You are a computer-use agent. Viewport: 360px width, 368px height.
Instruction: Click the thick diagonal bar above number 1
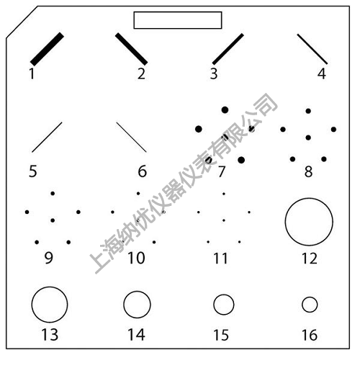tap(47, 49)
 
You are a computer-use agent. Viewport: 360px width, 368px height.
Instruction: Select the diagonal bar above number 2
tap(131, 49)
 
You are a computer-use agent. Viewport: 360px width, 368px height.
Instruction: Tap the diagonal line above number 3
tap(228, 49)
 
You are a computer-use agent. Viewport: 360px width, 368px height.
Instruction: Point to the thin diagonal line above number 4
tap(312, 49)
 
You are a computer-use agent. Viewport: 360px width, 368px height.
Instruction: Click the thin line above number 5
tap(47, 137)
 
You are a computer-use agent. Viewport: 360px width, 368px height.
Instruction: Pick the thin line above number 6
tap(131, 137)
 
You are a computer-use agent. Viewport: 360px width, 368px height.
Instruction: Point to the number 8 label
tap(308, 171)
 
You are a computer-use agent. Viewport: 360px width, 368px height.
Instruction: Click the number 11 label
tap(220, 259)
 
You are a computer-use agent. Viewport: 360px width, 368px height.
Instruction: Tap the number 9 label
tap(48, 258)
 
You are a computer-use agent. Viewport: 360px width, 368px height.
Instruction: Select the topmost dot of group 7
tap(225, 110)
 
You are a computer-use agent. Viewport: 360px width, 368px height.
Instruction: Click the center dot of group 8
tap(308, 138)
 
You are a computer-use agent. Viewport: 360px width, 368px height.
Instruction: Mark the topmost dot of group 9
tap(53, 194)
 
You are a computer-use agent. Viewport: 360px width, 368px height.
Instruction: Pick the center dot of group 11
tap(224, 220)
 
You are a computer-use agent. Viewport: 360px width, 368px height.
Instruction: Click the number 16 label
tap(310, 335)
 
